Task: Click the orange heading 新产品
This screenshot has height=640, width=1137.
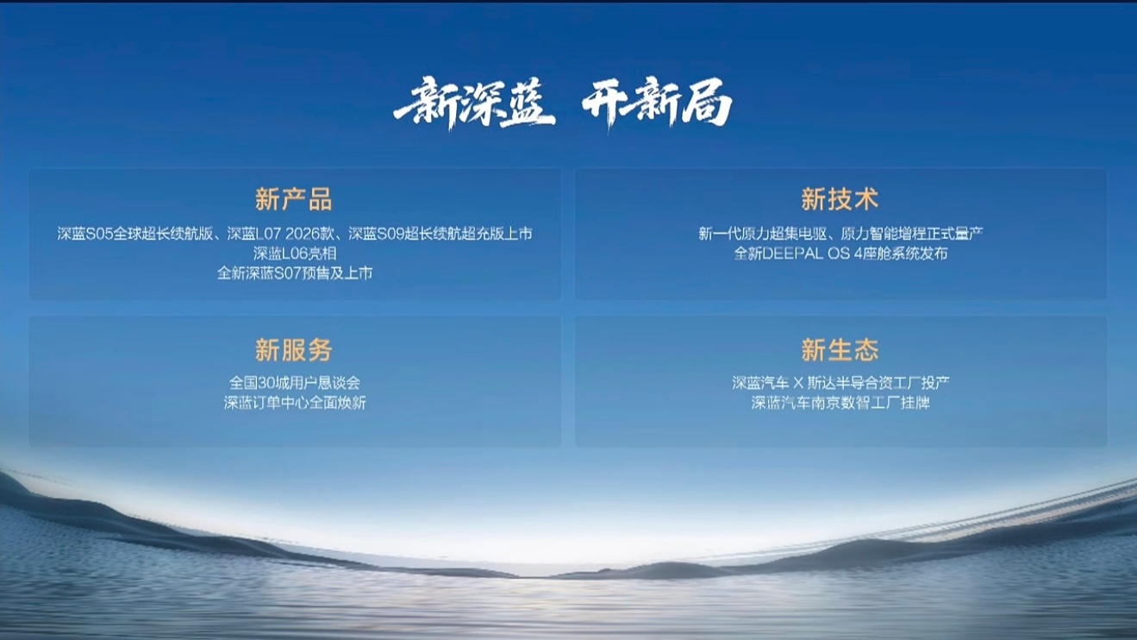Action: click(293, 199)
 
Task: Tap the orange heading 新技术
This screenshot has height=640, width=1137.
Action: click(840, 199)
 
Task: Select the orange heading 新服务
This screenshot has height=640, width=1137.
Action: click(293, 349)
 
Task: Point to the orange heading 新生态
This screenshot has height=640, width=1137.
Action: click(840, 349)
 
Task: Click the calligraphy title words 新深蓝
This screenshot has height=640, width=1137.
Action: click(475, 104)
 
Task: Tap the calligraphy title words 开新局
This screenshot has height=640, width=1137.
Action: click(657, 104)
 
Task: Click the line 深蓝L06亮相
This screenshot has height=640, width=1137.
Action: click(295, 253)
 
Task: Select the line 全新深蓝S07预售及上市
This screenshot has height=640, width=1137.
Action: click(295, 273)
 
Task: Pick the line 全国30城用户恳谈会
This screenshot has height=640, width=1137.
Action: click(295, 382)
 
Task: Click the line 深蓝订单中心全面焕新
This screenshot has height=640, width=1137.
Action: click(295, 403)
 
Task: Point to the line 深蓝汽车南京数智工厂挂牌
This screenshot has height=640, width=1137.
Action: click(840, 403)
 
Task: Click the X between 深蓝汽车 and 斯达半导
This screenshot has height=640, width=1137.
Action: click(798, 383)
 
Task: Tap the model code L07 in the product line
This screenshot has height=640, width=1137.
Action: click(268, 234)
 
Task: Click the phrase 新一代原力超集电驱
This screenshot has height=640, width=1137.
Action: click(763, 234)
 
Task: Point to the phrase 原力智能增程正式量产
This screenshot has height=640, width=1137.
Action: click(912, 234)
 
